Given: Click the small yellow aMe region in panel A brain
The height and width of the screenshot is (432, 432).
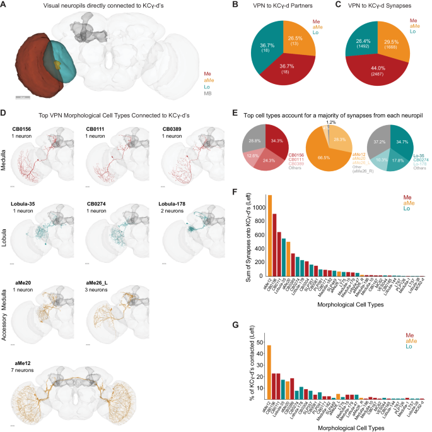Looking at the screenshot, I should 57,65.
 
